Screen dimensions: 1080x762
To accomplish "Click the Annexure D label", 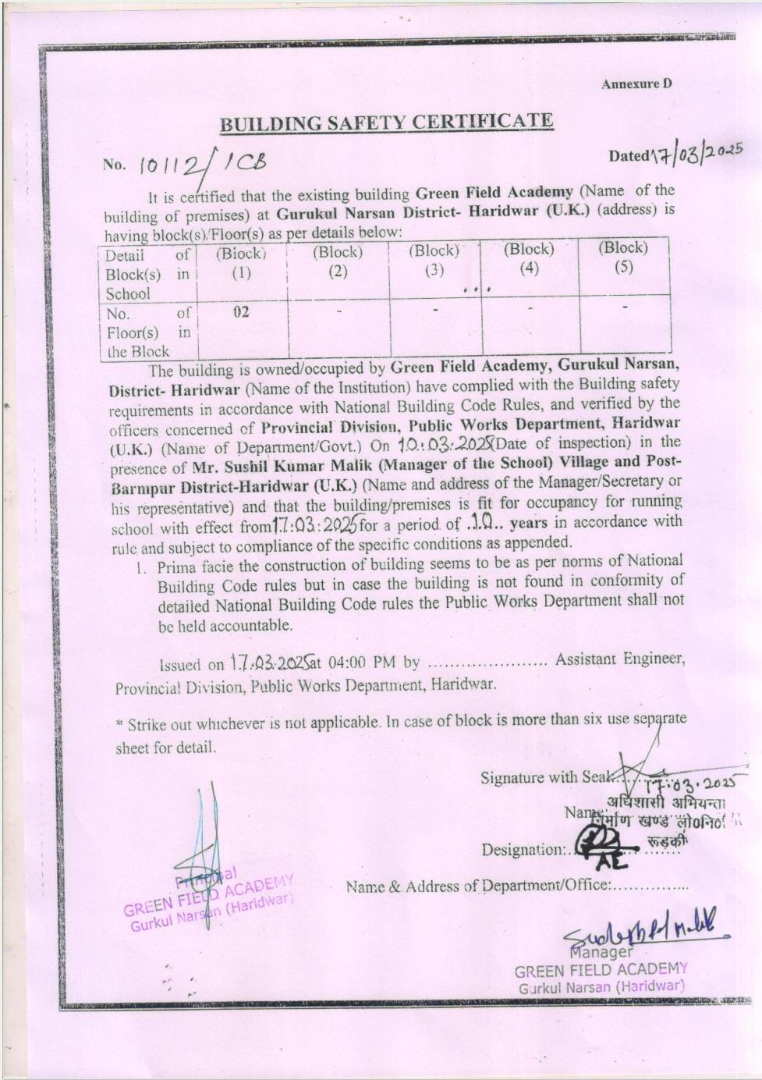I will coord(636,84).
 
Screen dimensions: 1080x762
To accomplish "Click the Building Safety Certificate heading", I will coord(386,123).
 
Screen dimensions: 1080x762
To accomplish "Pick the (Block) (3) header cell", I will coord(434,260).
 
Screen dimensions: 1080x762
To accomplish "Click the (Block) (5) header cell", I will coord(622,257).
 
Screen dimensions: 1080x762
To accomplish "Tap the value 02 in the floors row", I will coord(241,312).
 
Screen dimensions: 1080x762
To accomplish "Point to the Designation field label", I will coord(521,849).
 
